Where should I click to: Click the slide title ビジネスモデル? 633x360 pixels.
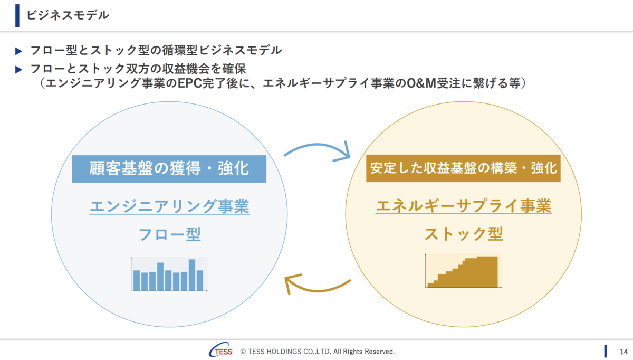(68, 15)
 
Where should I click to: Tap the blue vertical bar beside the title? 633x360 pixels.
(17, 15)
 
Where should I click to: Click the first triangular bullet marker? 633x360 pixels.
(18, 51)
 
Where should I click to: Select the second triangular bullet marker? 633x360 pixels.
(18, 70)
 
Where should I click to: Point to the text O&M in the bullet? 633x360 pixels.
(421, 83)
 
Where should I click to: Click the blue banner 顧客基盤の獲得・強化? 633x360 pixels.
(169, 169)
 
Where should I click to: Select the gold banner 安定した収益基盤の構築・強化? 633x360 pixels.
(463, 168)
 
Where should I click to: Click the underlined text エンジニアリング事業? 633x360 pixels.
(169, 206)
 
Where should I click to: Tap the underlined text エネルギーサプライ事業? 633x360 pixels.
(464, 206)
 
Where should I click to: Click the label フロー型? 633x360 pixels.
(169, 234)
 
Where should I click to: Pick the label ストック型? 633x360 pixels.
(464, 234)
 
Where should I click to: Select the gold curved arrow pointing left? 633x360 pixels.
(318, 290)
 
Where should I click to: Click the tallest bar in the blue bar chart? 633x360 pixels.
(192, 275)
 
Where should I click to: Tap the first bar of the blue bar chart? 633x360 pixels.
(137, 280)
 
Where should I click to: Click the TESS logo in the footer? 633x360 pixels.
(220, 350)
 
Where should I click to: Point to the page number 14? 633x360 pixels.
(624, 352)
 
